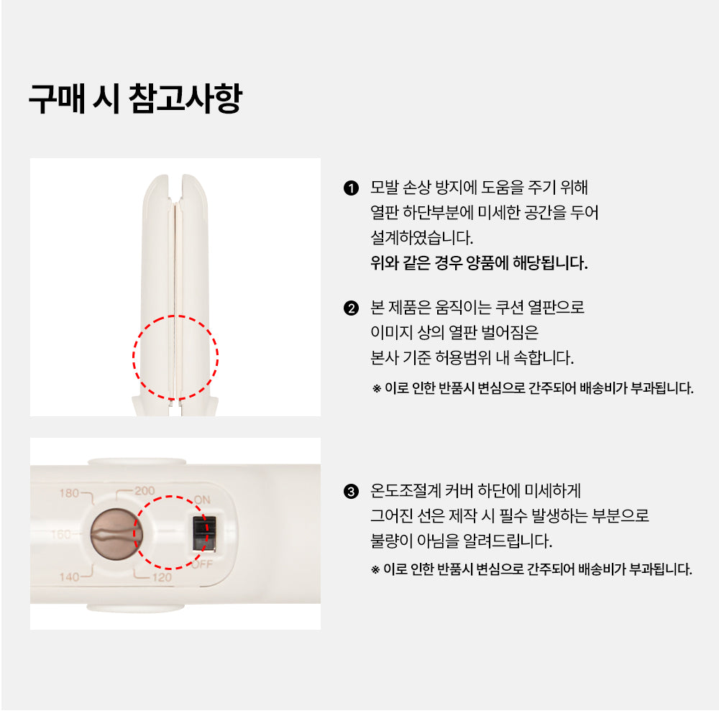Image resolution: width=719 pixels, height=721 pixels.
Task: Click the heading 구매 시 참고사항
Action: point(135,98)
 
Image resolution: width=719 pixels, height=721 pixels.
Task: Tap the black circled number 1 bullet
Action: point(351,188)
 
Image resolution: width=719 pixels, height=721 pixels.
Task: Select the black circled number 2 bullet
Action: point(351,308)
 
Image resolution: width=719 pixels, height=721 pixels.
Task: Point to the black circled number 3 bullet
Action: point(351,492)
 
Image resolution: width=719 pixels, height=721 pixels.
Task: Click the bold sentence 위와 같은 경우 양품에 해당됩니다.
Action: point(479,263)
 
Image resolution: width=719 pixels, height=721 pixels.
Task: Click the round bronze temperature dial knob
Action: point(116,535)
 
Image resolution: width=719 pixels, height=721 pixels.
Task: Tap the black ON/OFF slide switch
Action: point(203,533)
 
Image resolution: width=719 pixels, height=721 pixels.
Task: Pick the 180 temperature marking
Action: point(69,493)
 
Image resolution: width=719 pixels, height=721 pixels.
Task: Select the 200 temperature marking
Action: point(145,491)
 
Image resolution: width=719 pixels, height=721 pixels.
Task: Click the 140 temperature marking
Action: point(69,577)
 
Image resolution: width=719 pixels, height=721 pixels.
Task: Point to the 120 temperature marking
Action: point(162,577)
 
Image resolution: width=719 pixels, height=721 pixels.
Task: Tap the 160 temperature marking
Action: point(60,534)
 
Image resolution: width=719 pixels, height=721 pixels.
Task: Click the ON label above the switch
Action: point(202,500)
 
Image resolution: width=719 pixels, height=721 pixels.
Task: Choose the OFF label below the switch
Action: point(202,564)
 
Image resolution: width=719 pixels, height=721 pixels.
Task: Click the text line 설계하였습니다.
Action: point(421,238)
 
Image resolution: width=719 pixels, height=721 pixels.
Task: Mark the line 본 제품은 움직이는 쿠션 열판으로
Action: point(477,307)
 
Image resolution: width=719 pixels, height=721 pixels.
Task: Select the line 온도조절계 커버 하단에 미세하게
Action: point(476,491)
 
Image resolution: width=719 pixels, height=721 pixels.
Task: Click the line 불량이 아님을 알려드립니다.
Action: point(461,541)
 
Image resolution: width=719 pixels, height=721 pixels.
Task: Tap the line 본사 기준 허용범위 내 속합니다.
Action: point(472,357)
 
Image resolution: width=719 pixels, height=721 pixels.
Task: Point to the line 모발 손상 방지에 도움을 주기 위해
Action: point(479,187)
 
